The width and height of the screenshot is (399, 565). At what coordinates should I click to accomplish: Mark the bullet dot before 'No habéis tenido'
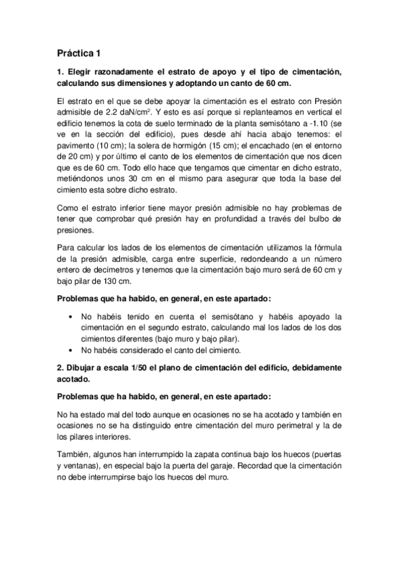pos(71,316)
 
